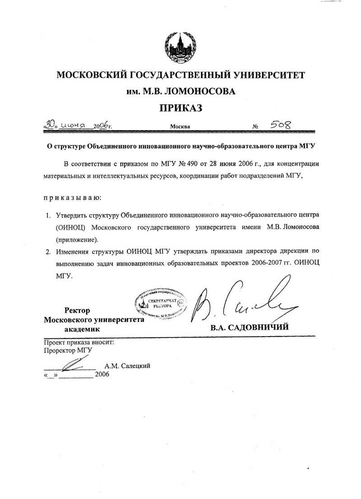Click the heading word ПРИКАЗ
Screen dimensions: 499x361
tap(180, 108)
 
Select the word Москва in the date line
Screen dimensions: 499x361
tap(180, 127)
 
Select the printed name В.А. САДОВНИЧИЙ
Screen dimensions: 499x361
tap(250, 328)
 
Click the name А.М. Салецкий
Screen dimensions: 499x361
tap(127, 366)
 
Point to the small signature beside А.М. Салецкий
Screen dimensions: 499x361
tap(74, 362)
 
